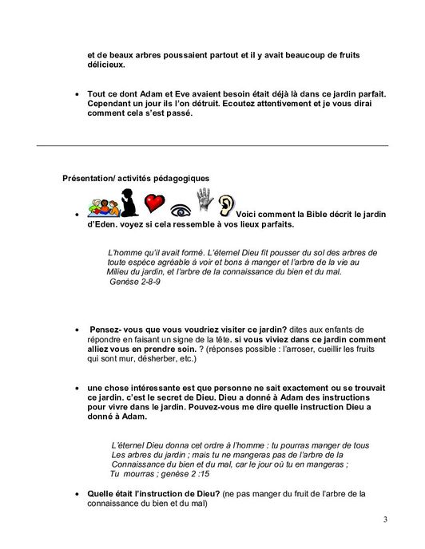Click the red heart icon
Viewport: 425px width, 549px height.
point(153,203)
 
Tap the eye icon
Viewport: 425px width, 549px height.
point(181,211)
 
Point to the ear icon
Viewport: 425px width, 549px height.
point(228,205)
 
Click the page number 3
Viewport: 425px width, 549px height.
point(385,520)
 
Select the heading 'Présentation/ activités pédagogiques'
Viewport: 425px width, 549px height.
point(136,178)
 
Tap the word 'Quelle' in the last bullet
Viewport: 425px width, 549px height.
point(102,494)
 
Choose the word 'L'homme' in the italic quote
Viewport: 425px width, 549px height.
point(127,253)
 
